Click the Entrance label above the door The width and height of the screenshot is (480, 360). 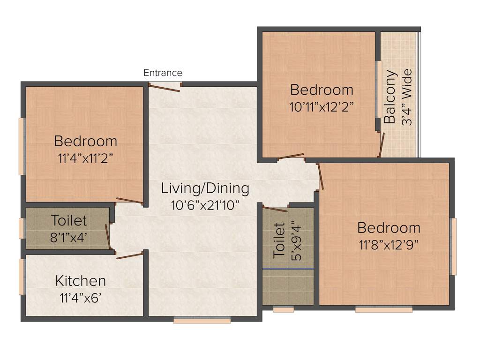[x=163, y=73]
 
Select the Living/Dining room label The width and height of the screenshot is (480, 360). [x=205, y=188]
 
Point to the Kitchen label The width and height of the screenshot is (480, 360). [x=81, y=281]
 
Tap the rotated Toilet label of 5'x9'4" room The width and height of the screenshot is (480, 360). [x=279, y=240]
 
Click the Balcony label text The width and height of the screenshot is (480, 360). [x=390, y=97]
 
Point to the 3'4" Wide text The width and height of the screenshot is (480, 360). [x=407, y=97]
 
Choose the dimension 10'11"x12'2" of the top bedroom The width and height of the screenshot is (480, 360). [x=322, y=105]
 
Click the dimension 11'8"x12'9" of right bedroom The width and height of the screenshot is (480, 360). [x=389, y=244]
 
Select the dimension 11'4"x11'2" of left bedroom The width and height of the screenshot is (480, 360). [x=85, y=157]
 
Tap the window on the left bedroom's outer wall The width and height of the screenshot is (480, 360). [x=21, y=146]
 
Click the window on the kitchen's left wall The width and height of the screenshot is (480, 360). [x=21, y=277]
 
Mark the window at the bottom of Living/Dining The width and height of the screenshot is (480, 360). [x=202, y=321]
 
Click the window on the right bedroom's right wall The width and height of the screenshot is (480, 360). [x=453, y=247]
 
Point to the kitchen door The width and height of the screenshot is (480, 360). [x=130, y=255]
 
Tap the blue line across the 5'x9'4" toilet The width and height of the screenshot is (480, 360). [x=288, y=269]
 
